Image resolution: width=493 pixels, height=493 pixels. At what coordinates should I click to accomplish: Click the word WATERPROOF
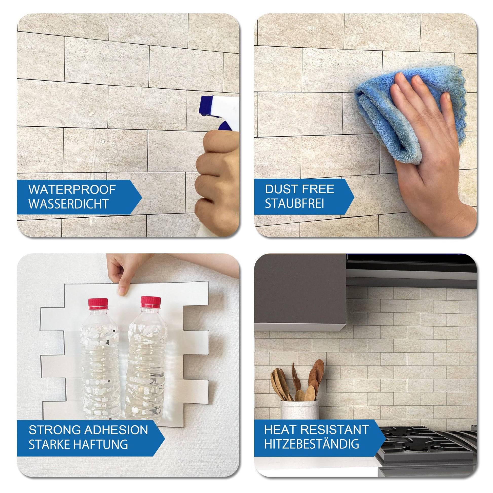tap(72, 189)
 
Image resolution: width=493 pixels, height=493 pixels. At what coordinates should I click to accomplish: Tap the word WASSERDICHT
tap(69, 204)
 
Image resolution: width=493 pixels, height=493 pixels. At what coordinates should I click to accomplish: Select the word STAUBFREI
tap(294, 203)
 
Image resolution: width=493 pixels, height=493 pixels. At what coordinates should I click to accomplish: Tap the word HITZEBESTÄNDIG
tap(312, 444)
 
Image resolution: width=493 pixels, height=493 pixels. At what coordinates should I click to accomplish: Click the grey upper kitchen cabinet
tap(300, 292)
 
